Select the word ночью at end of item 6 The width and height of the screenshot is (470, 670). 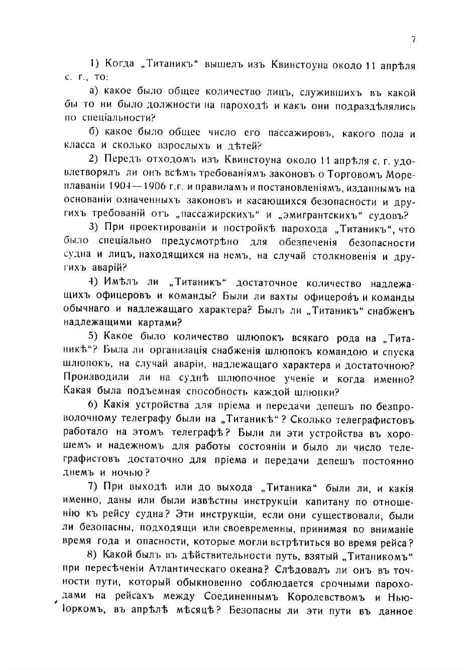click(131, 472)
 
